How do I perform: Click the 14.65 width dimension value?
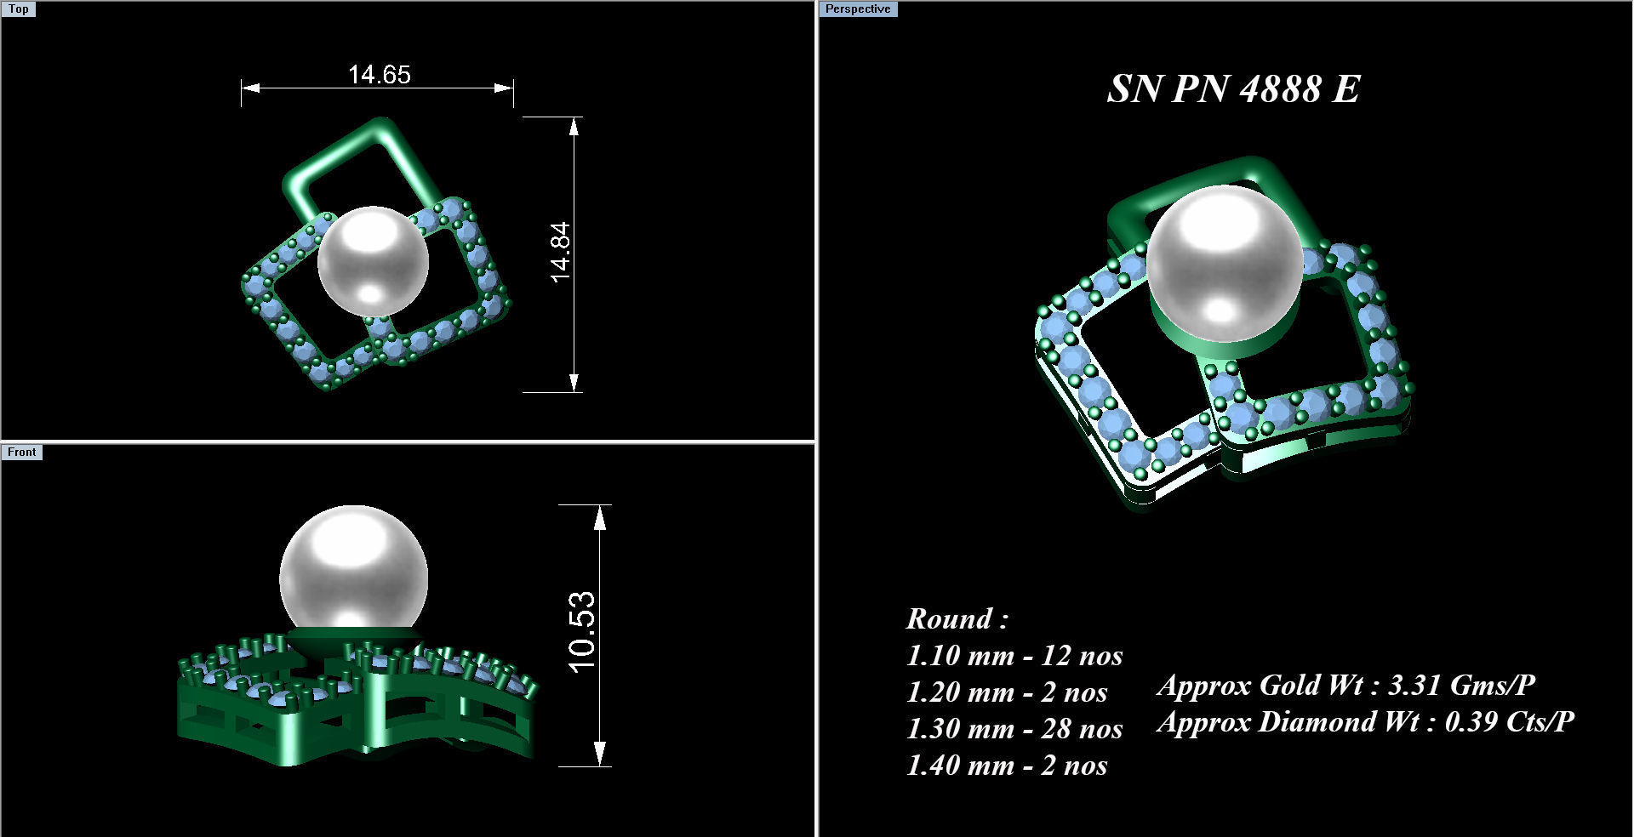(x=379, y=75)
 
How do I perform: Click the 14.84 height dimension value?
(x=560, y=252)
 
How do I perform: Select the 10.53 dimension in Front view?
(x=583, y=631)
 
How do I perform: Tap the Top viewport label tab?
(x=18, y=9)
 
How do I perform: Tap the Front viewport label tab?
(x=22, y=452)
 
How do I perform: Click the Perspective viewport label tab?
(x=858, y=9)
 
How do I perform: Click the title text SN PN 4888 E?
(x=1233, y=88)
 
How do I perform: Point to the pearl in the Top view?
(x=373, y=261)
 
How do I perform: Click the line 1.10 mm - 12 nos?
(x=1014, y=656)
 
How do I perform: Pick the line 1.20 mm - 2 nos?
(x=1006, y=692)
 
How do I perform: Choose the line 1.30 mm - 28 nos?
(x=1014, y=729)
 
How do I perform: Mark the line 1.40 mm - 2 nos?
(x=1006, y=766)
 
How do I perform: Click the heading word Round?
(x=950, y=618)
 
